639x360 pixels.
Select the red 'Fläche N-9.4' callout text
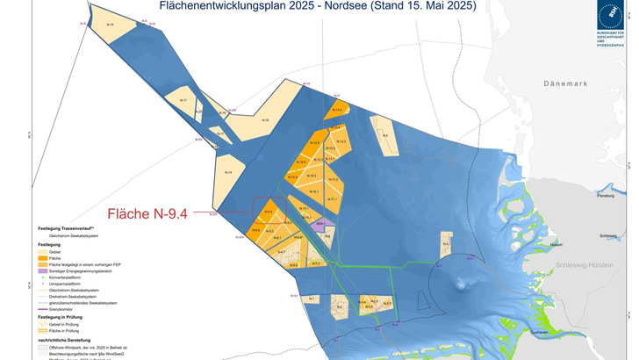coord(147,212)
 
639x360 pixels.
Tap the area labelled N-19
coord(110,26)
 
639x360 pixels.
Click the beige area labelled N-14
coord(229,172)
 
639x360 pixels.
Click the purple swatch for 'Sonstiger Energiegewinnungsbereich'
coord(43,272)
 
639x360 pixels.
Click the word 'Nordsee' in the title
coord(351,6)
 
